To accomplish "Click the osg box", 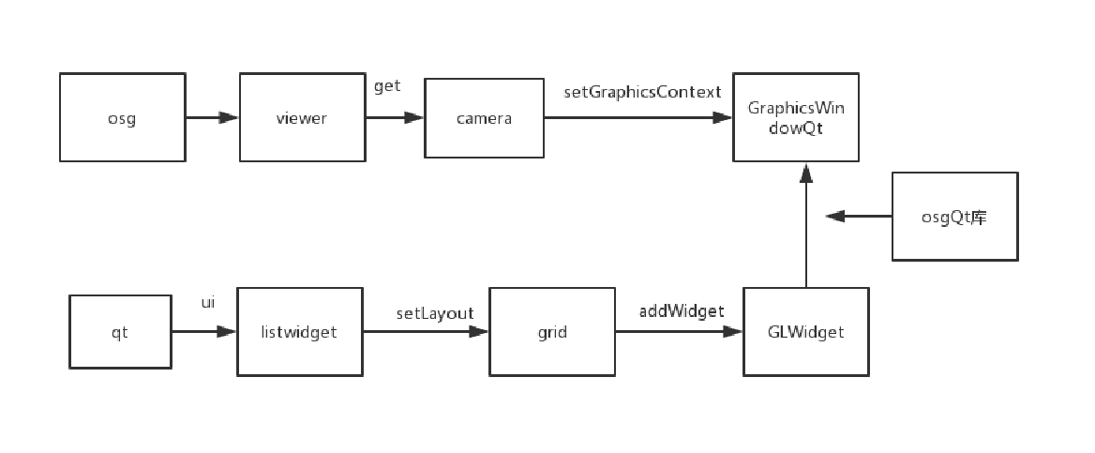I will (x=123, y=118).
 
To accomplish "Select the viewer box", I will (x=302, y=118).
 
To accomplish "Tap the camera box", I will (x=484, y=118).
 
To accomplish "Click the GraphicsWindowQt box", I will (x=796, y=118).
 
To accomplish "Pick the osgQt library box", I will (x=954, y=217).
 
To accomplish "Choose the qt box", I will (x=120, y=331).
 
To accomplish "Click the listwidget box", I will (x=300, y=331).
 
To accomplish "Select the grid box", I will (x=552, y=331).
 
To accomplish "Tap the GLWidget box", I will (x=806, y=331).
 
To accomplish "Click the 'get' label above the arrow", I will (x=387, y=86).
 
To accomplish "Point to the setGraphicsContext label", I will (x=642, y=92).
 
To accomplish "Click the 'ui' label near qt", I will (x=208, y=302).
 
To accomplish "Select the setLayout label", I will (x=434, y=313).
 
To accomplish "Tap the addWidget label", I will (x=682, y=310).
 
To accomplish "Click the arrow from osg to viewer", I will (x=212, y=118).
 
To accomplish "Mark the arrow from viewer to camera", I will (x=394, y=118).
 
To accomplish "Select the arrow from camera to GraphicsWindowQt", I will (x=637, y=118).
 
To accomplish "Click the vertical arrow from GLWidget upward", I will (x=805, y=225).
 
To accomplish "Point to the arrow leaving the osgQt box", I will (x=859, y=217).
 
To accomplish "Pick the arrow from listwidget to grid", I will (x=427, y=331).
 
